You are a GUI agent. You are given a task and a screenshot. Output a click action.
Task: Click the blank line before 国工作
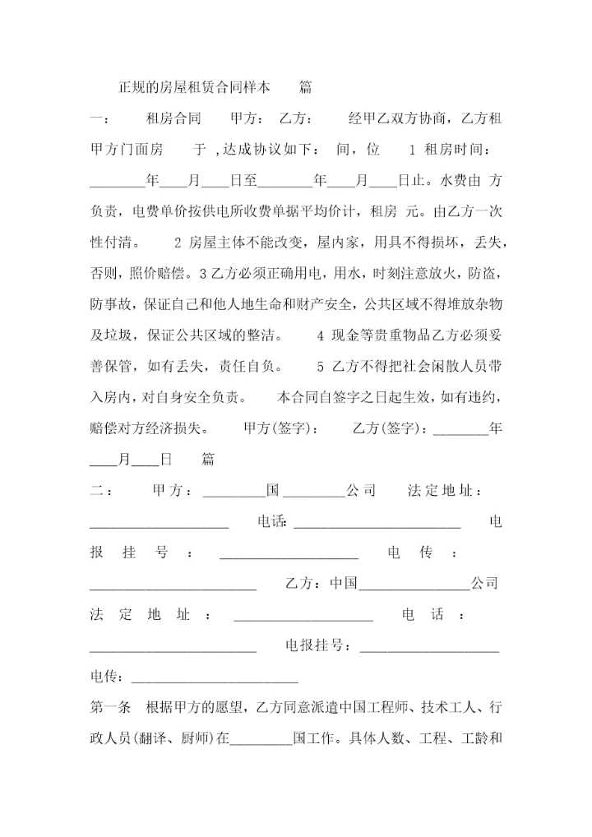(262, 738)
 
